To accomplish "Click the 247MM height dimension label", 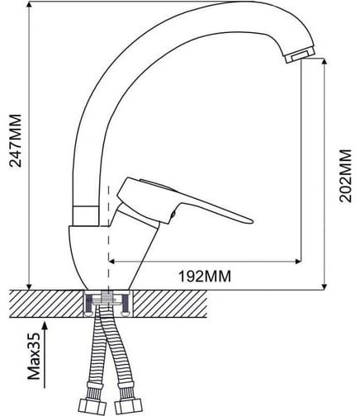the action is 16,140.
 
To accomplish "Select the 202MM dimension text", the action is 345,176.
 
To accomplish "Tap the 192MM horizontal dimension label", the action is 205,277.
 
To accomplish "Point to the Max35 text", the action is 34,357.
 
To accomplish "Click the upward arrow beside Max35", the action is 45,355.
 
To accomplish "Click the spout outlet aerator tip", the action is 300,54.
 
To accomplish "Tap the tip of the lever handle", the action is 252,220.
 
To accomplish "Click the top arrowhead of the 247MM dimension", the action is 30,4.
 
